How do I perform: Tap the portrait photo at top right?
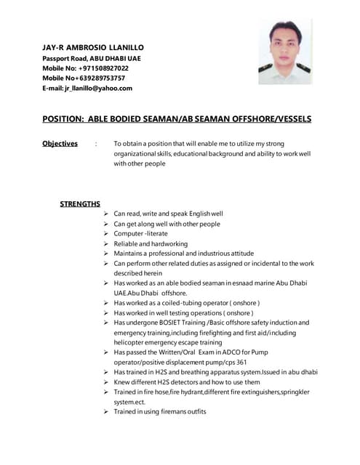(x=285, y=52)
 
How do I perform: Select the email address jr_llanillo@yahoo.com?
(x=99, y=88)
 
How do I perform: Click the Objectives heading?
(x=60, y=143)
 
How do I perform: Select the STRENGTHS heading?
(x=79, y=203)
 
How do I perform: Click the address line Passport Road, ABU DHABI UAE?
(x=92, y=57)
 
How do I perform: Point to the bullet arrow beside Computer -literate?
(x=106, y=234)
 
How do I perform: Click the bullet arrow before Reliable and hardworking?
(x=106, y=244)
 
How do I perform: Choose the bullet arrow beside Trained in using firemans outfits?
(x=106, y=411)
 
